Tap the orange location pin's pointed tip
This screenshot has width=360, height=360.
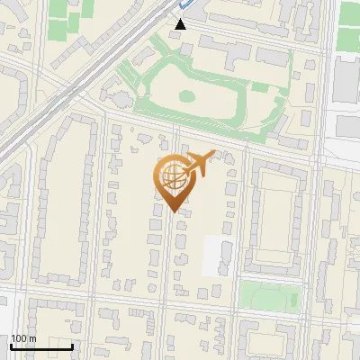173,211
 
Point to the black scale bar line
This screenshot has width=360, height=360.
41,346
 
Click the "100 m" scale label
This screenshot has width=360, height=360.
22,338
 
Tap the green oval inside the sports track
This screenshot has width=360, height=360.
187,95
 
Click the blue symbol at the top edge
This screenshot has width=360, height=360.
185,4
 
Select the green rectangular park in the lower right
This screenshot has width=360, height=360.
271,294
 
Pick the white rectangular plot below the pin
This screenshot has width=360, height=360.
219,255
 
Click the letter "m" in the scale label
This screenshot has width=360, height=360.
31,338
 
